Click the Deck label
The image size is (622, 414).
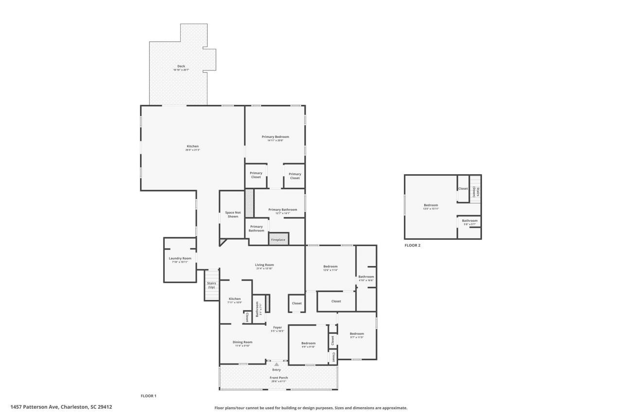[181, 66]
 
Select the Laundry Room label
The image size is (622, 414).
[180, 259]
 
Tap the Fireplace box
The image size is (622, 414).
[278, 240]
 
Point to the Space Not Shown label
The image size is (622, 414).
[233, 215]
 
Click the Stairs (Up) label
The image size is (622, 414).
[211, 285]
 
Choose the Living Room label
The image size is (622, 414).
[264, 265]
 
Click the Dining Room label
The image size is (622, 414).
[242, 342]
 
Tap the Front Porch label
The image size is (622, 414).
[278, 378]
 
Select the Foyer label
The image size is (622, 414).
[277, 328]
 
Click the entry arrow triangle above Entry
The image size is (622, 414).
[276, 364]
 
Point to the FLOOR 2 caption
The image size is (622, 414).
[413, 246]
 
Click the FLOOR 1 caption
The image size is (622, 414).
[148, 396]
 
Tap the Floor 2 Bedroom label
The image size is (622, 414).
[431, 205]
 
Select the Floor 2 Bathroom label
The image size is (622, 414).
[469, 221]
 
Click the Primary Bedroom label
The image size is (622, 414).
[275, 137]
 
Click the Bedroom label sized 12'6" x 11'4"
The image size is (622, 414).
[330, 266]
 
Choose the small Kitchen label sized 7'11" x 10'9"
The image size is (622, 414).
[235, 299]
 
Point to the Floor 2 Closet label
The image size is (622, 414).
[463, 189]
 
